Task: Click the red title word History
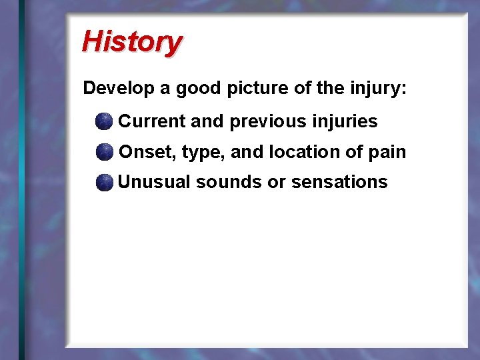(x=131, y=41)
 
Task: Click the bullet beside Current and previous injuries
(x=104, y=121)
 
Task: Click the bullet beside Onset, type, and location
(x=104, y=152)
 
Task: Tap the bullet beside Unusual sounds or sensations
(x=104, y=183)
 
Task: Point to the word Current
(x=152, y=121)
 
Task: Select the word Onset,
(x=147, y=152)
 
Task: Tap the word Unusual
(x=154, y=182)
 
